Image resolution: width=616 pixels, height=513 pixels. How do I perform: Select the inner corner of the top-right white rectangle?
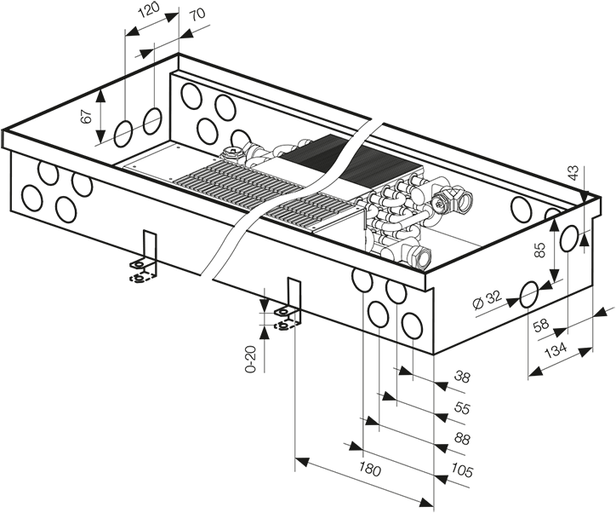coord(313,98)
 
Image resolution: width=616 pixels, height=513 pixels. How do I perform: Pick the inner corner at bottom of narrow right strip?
coord(602,303)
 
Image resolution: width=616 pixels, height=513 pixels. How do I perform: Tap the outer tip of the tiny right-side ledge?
coord(614,303)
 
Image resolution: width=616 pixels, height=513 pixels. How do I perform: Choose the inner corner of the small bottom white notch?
coord(313,471)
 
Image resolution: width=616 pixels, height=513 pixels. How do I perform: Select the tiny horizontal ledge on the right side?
coord(608,303)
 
